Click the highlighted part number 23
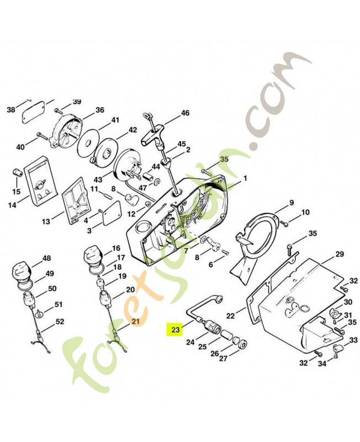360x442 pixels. click(175, 329)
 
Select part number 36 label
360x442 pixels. click(99, 110)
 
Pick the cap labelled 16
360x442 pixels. click(93, 255)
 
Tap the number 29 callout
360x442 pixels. click(340, 254)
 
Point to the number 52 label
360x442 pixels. click(60, 322)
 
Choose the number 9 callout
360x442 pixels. click(292, 202)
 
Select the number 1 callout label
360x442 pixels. click(245, 178)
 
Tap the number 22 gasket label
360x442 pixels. click(230, 315)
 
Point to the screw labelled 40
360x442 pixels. click(43, 136)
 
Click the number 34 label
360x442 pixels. click(322, 364)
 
